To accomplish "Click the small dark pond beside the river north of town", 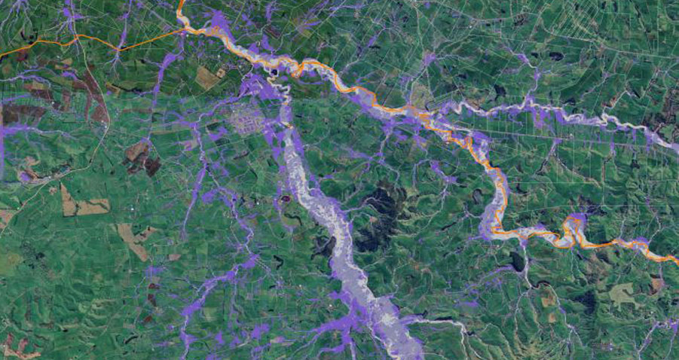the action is pyautogui.click(x=274, y=72).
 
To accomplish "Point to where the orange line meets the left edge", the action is pyautogui.click(x=2, y=55).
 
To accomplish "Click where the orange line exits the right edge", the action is pyautogui.click(x=676, y=261).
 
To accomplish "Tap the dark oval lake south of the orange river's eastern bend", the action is pyautogui.click(x=517, y=261).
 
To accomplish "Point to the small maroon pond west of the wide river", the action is pyautogui.click(x=286, y=200).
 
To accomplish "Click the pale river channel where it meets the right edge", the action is pyautogui.click(x=673, y=146).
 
